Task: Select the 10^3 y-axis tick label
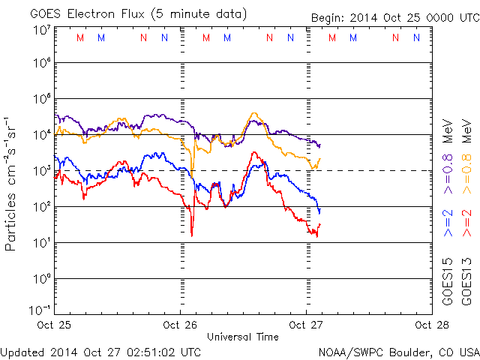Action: [41, 171]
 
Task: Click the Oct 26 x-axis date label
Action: [181, 325]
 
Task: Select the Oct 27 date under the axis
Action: [306, 325]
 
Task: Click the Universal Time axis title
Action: [243, 337]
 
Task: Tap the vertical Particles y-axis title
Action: [11, 184]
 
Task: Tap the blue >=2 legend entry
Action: [448, 223]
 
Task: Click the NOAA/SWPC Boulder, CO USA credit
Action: [397, 352]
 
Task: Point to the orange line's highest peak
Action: [254, 114]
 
